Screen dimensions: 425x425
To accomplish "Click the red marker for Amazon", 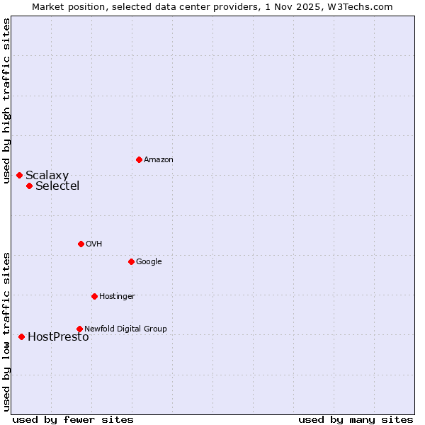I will coord(139,159).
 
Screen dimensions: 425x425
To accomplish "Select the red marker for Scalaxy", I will coord(19,175).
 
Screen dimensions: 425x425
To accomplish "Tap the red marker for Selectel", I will coord(29,186).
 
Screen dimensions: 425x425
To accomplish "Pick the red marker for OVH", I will coord(81,244).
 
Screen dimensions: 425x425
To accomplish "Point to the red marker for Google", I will coord(131,261).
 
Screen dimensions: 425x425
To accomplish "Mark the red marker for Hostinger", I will coord(94,296).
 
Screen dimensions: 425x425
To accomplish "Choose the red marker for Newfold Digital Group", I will coord(79,329).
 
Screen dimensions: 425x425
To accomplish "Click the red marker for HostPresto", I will coord(21,336).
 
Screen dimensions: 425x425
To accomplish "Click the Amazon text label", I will coord(159,160).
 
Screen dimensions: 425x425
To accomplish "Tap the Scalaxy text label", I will coord(47,176).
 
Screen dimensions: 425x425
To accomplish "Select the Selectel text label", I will coord(57,186).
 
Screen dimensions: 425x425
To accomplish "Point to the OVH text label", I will coord(94,244).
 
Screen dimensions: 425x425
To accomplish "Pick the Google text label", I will coord(149,262).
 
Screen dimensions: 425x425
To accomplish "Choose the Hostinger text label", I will coord(117,297).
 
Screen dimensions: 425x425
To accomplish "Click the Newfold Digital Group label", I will coord(125,329).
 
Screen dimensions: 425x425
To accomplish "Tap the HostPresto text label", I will coord(58,337).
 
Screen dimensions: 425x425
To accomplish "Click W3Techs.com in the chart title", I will coord(364,6).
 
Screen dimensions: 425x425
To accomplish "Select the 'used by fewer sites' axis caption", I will coord(73,419).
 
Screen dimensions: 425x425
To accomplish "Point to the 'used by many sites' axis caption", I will coord(356,419).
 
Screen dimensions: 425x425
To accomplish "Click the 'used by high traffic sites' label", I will coord(6,101).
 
